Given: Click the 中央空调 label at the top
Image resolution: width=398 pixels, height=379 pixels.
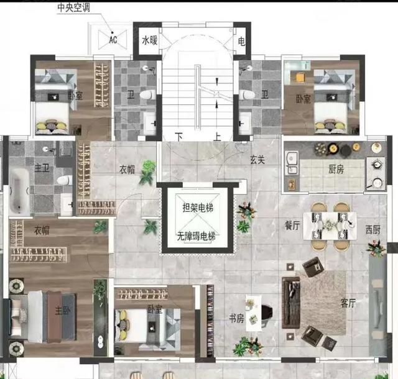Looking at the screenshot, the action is point(73,7).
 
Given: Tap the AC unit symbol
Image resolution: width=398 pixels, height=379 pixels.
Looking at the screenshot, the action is point(113,40).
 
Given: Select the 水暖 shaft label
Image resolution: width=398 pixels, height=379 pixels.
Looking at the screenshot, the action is point(150,40).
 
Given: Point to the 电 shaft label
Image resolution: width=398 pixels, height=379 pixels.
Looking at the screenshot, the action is point(241,41).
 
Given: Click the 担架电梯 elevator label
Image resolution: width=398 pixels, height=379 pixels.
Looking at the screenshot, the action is point(198,208).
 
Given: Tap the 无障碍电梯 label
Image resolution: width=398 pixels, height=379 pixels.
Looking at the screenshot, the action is point(197,237).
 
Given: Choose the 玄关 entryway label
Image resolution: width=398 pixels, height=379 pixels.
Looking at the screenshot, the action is point(257,160).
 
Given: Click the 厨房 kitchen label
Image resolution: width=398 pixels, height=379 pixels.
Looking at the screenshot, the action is point(336,169).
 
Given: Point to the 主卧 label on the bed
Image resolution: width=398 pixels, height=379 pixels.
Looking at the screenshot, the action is point(63,310).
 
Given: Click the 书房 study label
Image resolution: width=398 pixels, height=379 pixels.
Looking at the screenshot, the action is point(236,318).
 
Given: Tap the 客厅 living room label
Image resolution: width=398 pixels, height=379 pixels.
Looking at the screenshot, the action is point(348,303).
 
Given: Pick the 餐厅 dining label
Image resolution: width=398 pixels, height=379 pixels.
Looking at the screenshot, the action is point(292,226).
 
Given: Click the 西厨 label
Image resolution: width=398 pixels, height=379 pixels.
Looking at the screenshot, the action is point(373,230).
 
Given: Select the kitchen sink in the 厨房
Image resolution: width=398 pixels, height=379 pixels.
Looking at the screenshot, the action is point(292,163).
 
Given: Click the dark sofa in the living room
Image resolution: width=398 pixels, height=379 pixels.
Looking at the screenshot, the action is point(291,303).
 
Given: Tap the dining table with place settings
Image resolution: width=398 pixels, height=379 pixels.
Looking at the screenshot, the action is point(330,226).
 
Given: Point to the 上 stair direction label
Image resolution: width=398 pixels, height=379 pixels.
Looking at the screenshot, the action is point(217,137).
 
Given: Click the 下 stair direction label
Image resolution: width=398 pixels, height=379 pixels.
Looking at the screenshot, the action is point(179,137).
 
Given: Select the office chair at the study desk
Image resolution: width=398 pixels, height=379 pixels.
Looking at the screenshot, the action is point(267,314).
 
